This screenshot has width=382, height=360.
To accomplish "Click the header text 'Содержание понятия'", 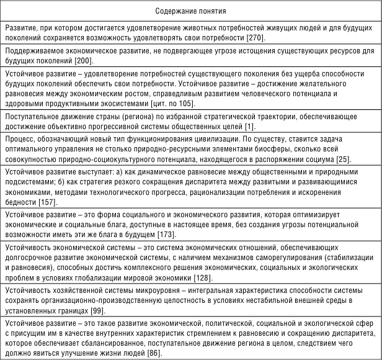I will (190, 11).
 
